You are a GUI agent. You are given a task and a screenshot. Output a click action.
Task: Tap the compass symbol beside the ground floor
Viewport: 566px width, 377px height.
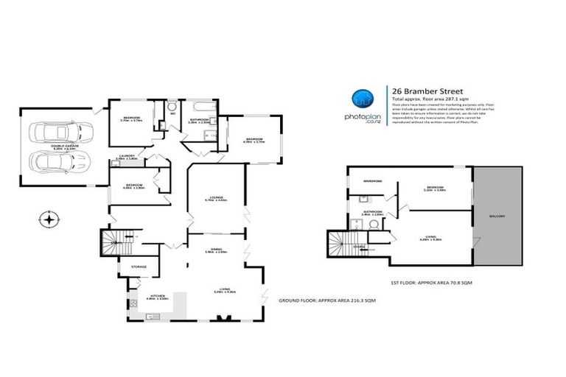pyautogui.click(x=49, y=219)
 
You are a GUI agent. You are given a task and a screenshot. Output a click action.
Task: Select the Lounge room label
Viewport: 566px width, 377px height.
pyautogui.click(x=215, y=198)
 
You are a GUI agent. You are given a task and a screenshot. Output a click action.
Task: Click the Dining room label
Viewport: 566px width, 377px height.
pyautogui.click(x=217, y=250)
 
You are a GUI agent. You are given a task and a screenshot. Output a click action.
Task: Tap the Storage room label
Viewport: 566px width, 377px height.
pyautogui.click(x=139, y=267)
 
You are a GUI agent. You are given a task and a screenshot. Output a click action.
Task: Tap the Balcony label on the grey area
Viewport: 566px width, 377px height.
pyautogui.click(x=497, y=216)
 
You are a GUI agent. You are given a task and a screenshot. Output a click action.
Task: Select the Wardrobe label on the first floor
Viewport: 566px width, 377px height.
pyautogui.click(x=372, y=181)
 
